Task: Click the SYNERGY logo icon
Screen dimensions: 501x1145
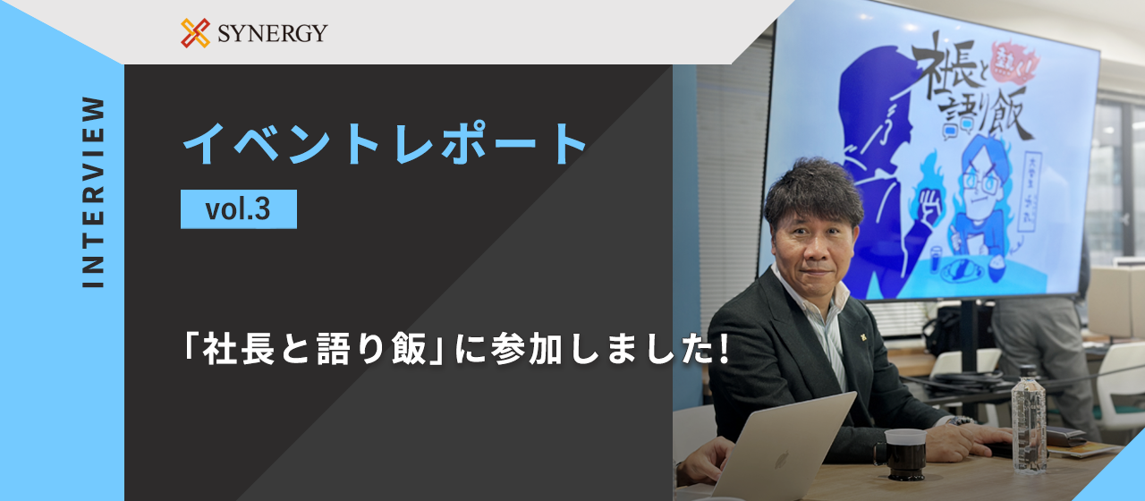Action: tap(195, 33)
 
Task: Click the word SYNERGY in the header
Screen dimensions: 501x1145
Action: tap(272, 34)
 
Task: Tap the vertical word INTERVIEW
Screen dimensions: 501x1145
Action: tap(93, 191)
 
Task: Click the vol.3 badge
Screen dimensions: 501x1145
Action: tap(238, 209)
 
